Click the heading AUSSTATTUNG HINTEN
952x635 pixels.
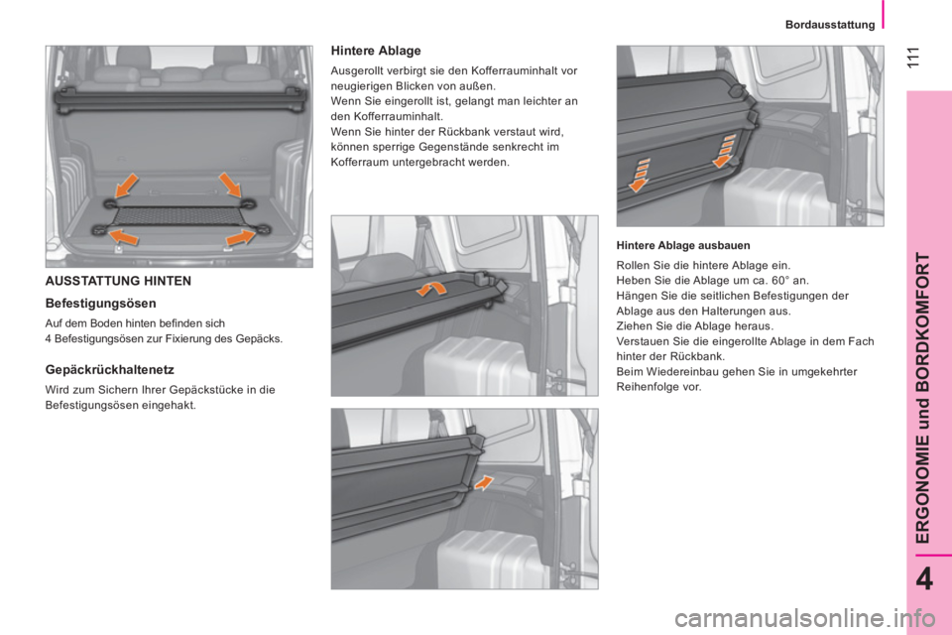[x=119, y=281]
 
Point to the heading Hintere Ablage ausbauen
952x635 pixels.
[x=683, y=244]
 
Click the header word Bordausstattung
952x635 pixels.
[x=834, y=24]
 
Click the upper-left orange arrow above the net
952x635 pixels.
[x=130, y=186]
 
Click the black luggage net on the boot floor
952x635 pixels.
[x=178, y=214]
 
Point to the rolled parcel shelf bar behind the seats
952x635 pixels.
[x=178, y=93]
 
